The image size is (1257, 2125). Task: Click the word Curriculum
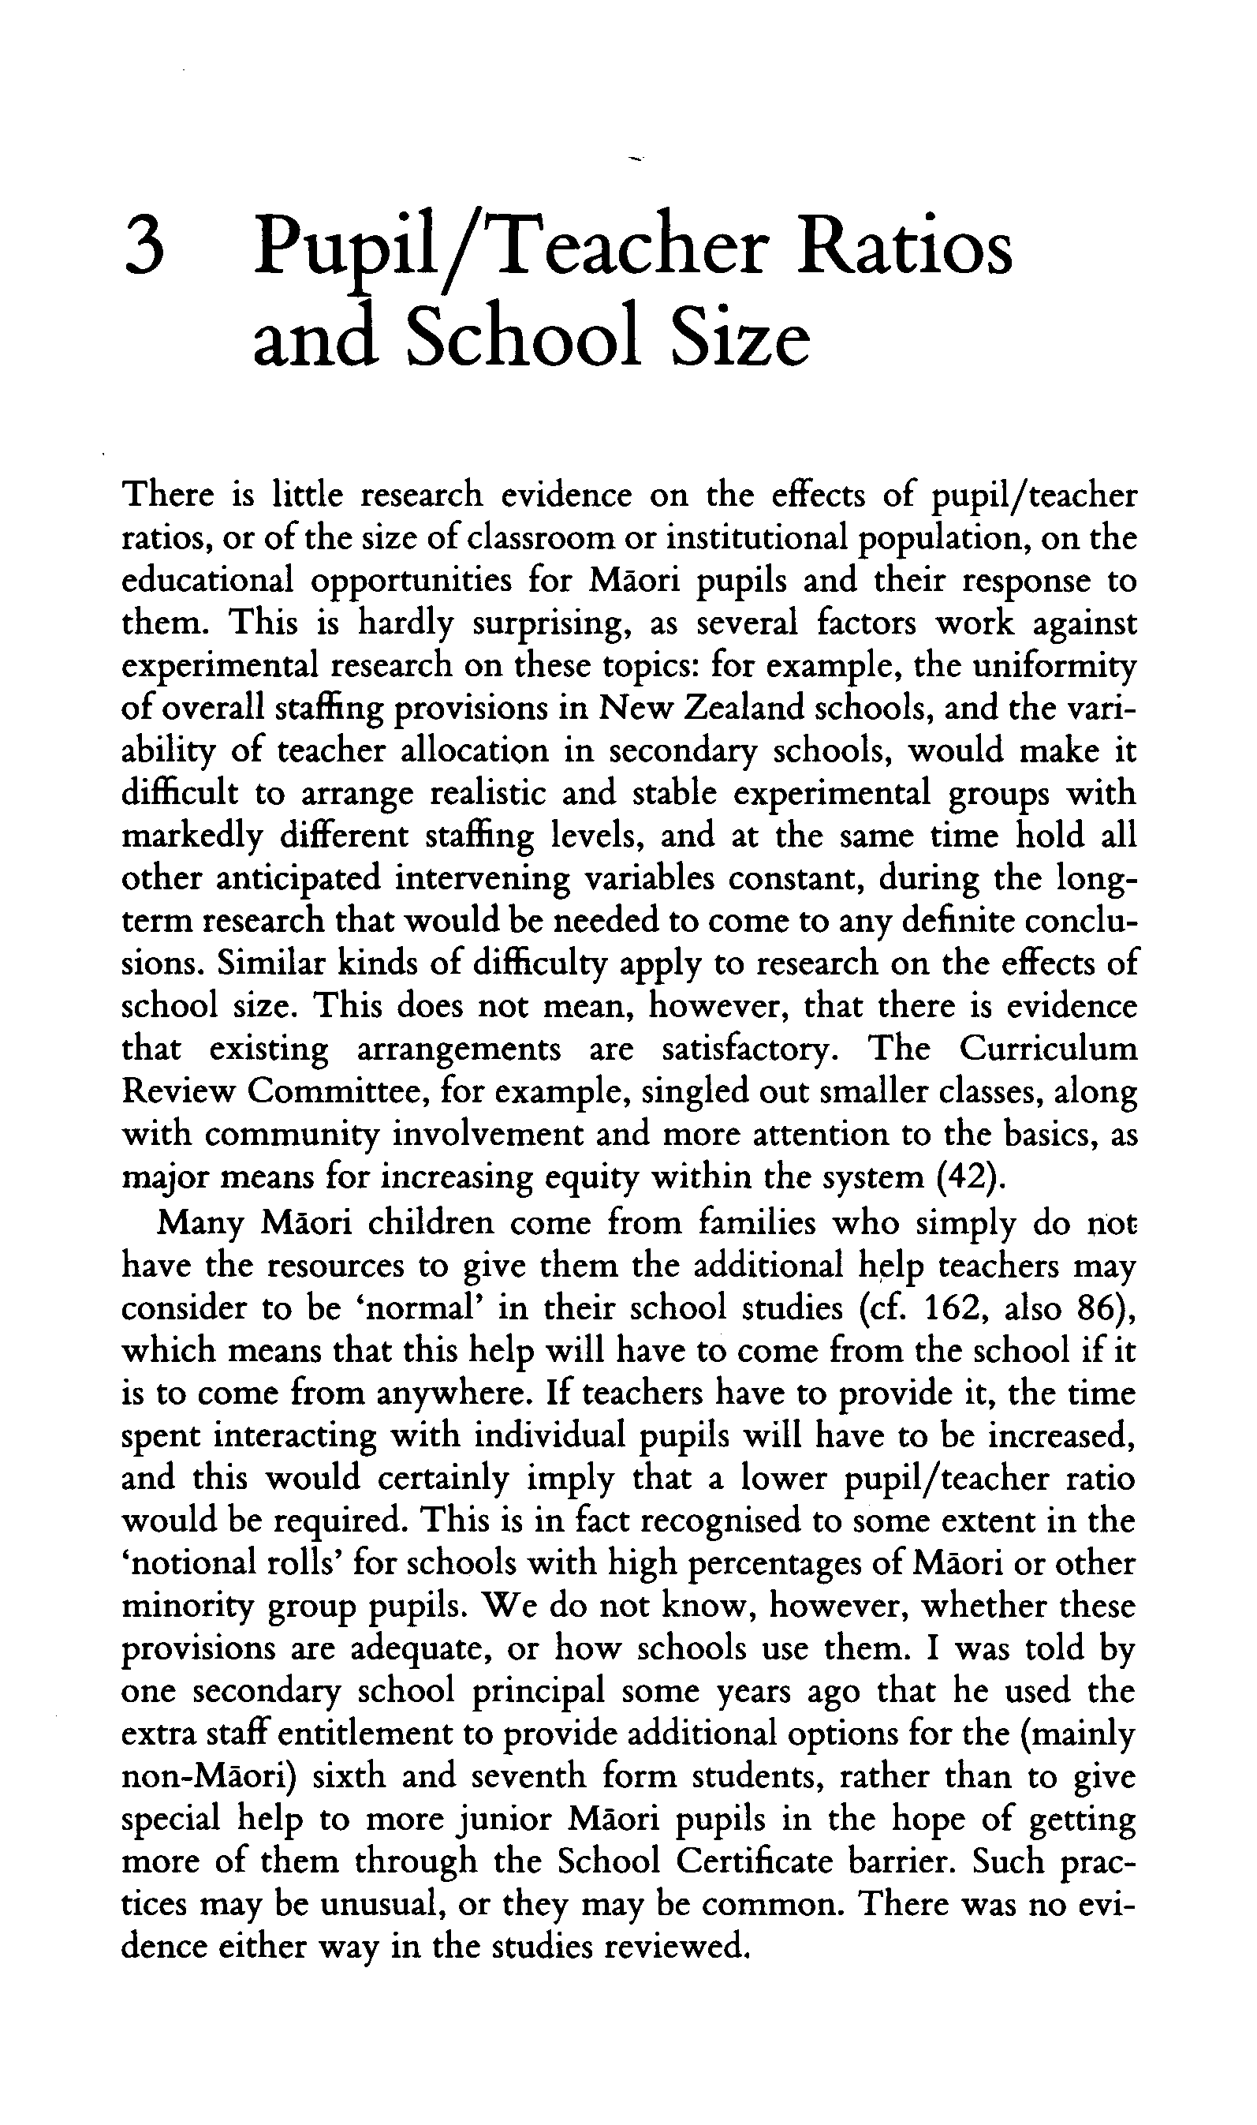(x=1048, y=1049)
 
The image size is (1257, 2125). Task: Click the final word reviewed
(x=677, y=1945)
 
